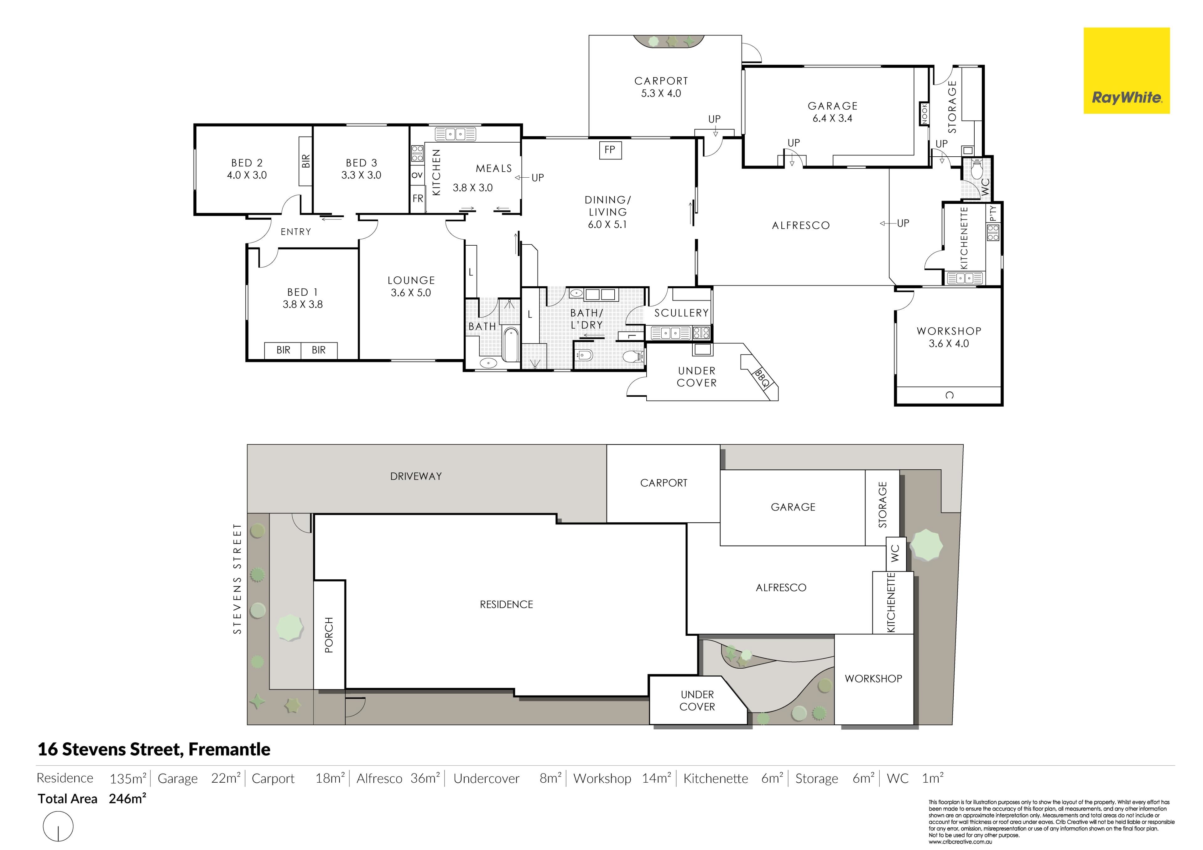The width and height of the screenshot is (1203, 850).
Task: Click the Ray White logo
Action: coord(1127,71)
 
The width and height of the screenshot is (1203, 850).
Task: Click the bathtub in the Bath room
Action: coord(510,344)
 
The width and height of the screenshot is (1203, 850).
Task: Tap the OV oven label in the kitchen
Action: coord(417,175)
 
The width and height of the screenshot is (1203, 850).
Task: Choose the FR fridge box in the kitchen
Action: coord(418,199)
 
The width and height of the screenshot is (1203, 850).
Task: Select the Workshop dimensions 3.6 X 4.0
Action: coord(949,344)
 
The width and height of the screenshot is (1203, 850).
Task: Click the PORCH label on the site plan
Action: coord(329,635)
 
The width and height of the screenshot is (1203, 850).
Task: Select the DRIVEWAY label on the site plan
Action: coord(416,476)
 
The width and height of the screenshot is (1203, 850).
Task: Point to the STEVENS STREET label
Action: coord(237,579)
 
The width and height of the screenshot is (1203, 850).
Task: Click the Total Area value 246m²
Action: coord(127,799)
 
